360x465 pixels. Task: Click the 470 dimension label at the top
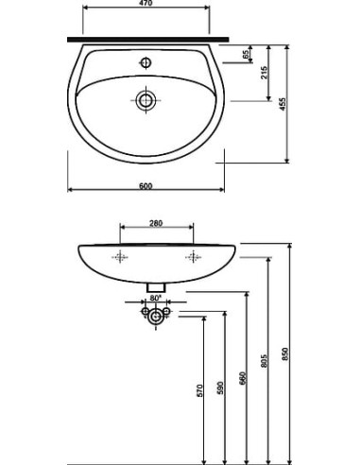tap(146, 3)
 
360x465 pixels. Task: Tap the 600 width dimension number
tap(146, 186)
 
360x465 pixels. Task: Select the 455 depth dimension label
tap(283, 104)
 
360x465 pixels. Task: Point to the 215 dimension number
tap(265, 73)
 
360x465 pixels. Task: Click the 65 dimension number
tap(246, 54)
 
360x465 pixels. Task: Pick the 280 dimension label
tap(156, 223)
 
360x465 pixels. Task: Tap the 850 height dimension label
tap(285, 354)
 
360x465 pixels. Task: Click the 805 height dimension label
tap(265, 360)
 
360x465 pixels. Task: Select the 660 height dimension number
tap(242, 378)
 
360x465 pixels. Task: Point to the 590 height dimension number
tap(220, 387)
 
